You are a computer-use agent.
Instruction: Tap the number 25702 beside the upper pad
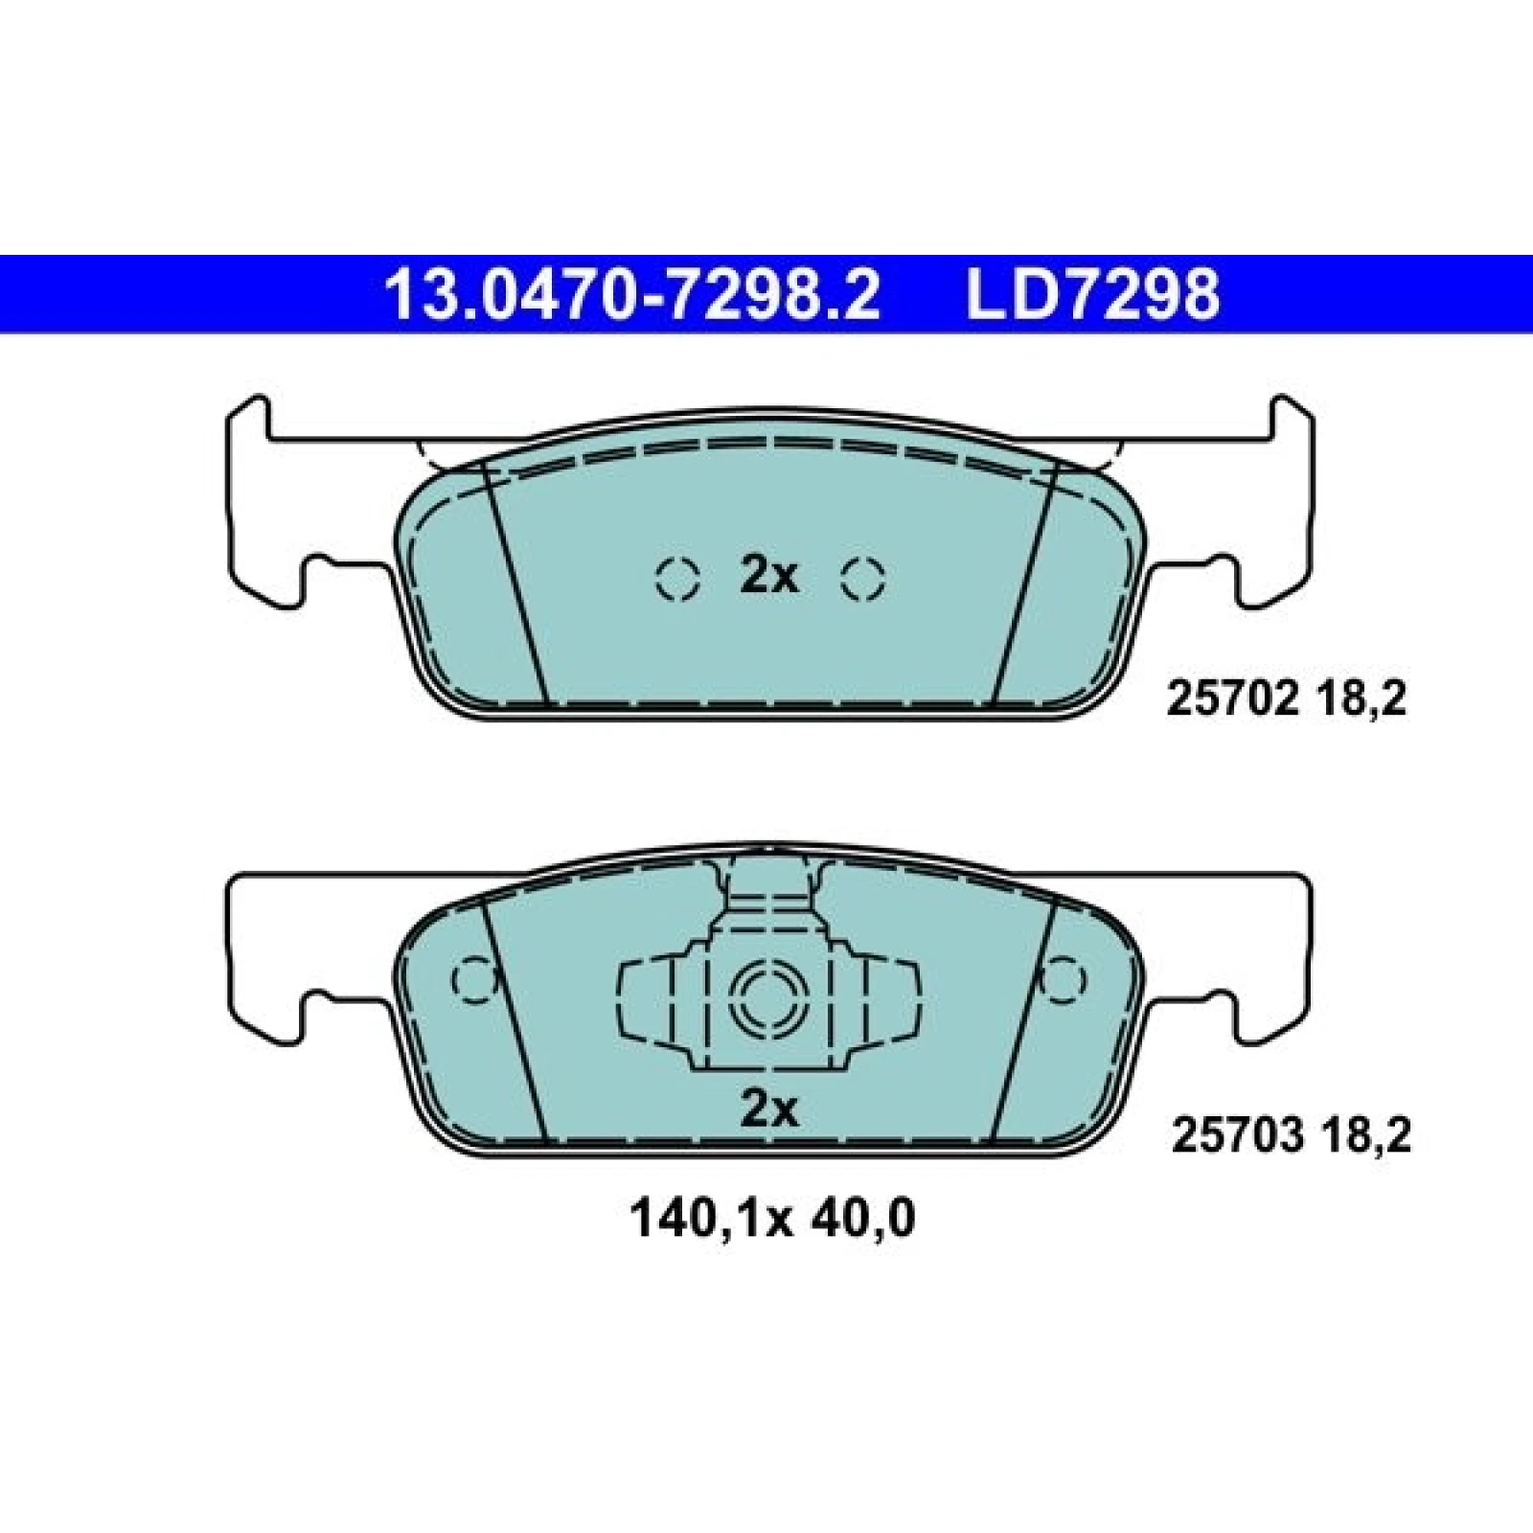coord(1231,700)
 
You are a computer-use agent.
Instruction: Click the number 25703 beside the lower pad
coord(1237,1137)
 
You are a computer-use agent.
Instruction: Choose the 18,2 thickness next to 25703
coord(1367,1137)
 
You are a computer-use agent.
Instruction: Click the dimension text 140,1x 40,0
coord(772,1219)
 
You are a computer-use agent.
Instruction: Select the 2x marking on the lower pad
coord(769,1110)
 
